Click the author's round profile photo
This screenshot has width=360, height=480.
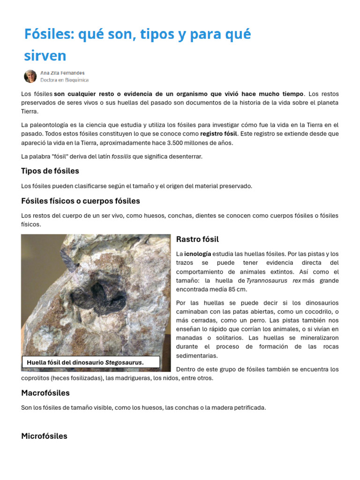click(30, 76)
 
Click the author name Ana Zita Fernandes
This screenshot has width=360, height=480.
click(62, 73)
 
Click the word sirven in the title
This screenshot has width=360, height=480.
click(45, 55)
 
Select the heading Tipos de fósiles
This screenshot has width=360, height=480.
click(50, 171)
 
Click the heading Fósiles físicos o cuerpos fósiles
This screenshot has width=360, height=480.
click(81, 201)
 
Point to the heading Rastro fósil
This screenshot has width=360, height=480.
click(197, 239)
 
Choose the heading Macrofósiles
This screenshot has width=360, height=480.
click(45, 392)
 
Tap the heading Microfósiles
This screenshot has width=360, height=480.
click(44, 435)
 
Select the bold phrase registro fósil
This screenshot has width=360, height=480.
click(218, 134)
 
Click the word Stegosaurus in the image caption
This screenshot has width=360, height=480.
click(123, 362)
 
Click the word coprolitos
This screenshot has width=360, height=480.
click(36, 378)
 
